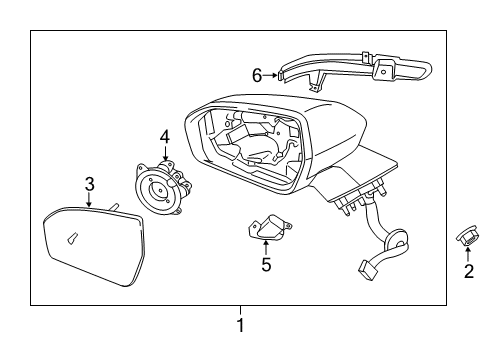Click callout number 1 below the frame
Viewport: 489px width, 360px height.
pos(240,325)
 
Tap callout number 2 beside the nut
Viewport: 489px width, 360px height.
pos(469,271)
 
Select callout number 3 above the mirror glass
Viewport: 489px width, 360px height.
pos(89,184)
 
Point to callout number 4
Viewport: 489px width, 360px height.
pos(165,137)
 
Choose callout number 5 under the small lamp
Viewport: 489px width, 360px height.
pos(266,264)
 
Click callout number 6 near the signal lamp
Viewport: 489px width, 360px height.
pos(257,75)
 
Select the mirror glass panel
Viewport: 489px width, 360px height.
pos(94,246)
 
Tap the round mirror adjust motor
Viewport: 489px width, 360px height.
pos(162,187)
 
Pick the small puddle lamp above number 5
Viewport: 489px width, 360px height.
pos(269,228)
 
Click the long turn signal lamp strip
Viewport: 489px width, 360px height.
pos(355,69)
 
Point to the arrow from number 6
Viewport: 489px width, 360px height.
pos(270,75)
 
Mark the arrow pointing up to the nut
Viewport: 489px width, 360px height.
pos(468,255)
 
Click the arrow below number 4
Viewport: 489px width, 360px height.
pos(165,153)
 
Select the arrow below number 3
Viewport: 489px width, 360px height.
pos(89,199)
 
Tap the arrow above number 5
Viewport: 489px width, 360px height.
pos(266,248)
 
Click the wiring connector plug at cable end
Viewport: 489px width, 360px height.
pos(368,270)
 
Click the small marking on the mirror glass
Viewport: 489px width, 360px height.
pos(73,238)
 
